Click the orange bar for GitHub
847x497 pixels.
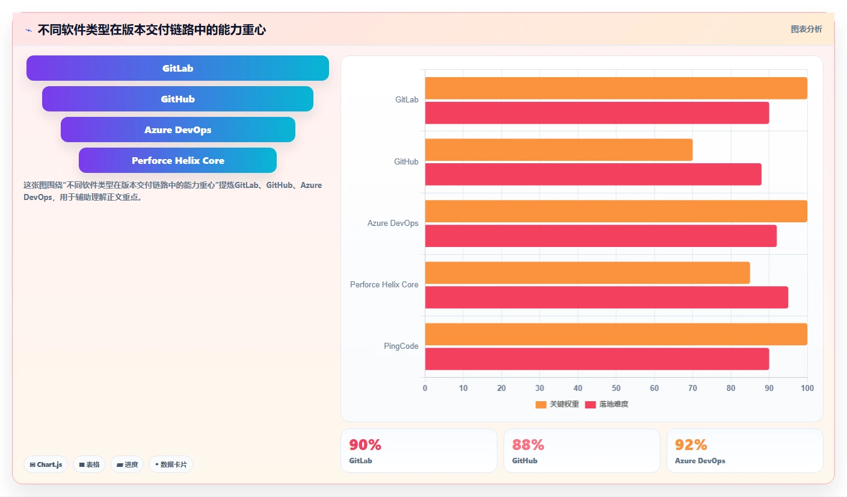[558, 149]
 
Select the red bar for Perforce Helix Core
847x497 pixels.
[606, 298]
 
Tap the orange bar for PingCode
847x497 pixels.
[616, 334]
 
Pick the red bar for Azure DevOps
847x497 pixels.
[601, 236]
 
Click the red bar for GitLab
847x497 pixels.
[597, 113]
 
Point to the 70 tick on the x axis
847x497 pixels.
[692, 388]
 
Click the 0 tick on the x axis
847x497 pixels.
[425, 388]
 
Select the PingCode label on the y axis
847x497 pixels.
[401, 346]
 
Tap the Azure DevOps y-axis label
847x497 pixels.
[392, 223]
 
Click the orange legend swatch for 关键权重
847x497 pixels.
[541, 405]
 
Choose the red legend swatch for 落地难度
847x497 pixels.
[590, 405]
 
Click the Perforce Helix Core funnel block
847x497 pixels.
[177, 160]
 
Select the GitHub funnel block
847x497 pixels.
[177, 99]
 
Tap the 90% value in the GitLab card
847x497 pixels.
[365, 445]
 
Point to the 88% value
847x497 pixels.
[528, 445]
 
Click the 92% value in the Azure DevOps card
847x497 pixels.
[691, 445]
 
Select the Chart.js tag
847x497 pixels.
[46, 464]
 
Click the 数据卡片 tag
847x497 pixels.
[171, 464]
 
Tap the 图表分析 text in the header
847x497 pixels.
[806, 29]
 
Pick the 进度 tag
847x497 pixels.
[127, 464]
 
